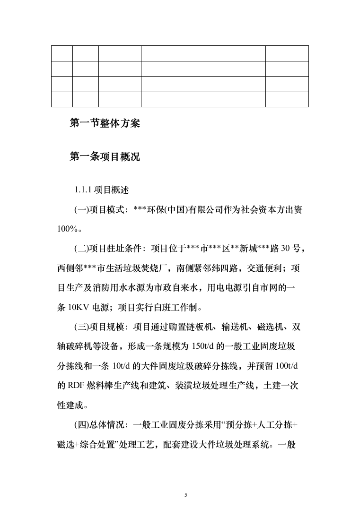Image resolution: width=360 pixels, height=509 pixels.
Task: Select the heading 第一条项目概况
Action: click(105, 156)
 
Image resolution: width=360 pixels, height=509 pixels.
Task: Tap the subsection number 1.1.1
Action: click(83, 190)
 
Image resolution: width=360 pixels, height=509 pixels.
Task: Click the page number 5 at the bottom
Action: click(186, 494)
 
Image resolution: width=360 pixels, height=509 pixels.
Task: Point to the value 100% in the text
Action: click(66, 229)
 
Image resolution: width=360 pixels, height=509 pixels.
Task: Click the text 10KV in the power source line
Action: click(78, 308)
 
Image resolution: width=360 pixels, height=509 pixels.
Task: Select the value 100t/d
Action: click(288, 366)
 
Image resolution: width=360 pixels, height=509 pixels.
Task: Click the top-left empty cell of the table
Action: click(62, 53)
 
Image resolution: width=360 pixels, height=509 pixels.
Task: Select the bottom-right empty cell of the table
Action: click(287, 99)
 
